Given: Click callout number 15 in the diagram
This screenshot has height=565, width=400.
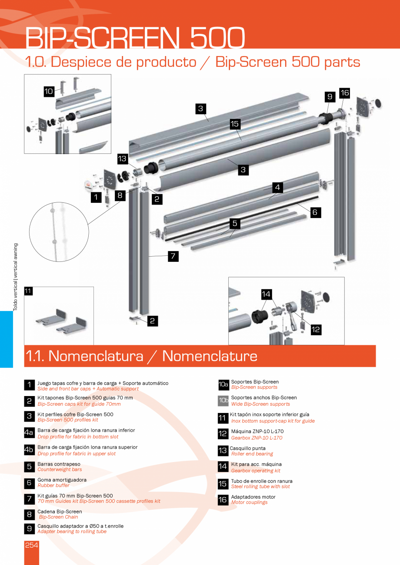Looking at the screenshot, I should click(x=235, y=124).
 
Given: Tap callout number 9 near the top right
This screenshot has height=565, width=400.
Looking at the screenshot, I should click(x=330, y=97).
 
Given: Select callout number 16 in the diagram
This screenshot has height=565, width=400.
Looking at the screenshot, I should click(x=344, y=93).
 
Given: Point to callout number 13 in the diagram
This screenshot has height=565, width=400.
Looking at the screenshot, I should click(x=123, y=159).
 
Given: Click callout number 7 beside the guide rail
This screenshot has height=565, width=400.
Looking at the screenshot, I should click(x=173, y=256).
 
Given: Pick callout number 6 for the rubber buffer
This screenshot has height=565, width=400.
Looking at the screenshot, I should click(x=316, y=212).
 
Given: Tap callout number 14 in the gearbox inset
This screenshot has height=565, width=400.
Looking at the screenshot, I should click(x=266, y=294).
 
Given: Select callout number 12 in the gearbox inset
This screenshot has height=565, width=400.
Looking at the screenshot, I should click(x=316, y=329).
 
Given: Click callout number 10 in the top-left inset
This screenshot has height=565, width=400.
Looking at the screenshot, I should click(x=49, y=91).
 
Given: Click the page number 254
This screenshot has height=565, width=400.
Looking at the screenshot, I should click(x=32, y=545).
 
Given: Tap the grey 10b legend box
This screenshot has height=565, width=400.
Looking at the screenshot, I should click(x=223, y=400).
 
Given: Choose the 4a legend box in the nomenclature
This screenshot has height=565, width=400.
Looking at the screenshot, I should click(x=29, y=433).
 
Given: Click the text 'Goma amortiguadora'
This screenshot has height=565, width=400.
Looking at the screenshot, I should click(x=62, y=480).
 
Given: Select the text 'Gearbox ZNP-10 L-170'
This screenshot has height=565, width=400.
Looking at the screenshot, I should click(x=257, y=438).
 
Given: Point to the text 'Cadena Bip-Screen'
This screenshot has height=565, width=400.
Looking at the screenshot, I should click(x=60, y=512).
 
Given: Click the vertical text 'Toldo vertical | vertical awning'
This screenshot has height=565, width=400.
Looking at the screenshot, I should click(x=16, y=277).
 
